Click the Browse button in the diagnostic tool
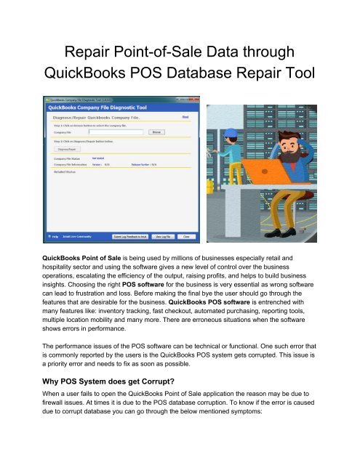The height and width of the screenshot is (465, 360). coord(198,132)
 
